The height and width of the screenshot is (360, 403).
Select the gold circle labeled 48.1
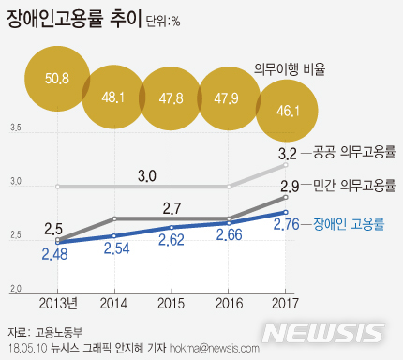pyautogui.click(x=114, y=97)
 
